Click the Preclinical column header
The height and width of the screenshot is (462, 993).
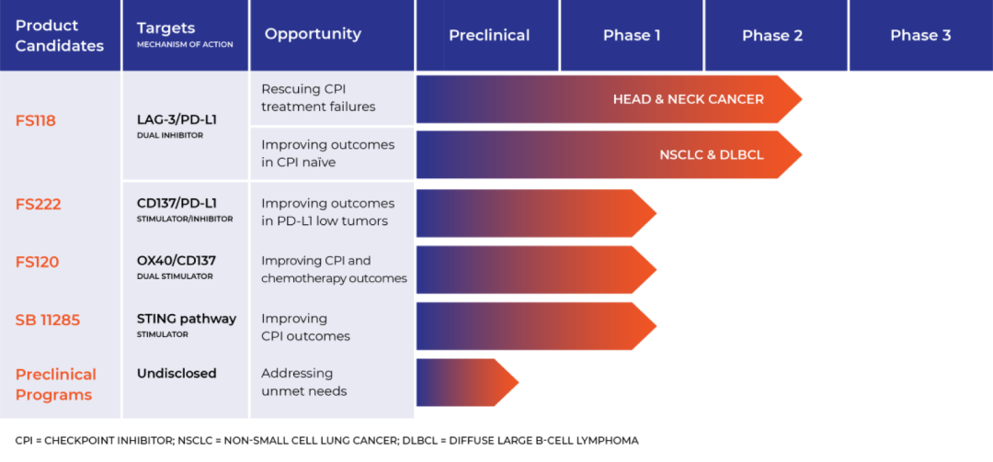click(x=489, y=36)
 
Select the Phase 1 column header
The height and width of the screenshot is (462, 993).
click(x=632, y=36)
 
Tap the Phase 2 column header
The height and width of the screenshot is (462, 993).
click(x=772, y=36)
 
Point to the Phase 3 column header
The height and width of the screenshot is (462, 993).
click(x=920, y=36)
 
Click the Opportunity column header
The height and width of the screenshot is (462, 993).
click(x=313, y=34)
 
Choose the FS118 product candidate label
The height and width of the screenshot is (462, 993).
click(x=36, y=120)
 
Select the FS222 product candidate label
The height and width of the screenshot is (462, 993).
click(x=38, y=205)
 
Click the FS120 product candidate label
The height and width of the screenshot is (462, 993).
click(x=37, y=262)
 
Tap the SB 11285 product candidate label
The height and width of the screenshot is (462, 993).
click(x=48, y=321)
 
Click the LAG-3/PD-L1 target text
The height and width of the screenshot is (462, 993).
click(x=177, y=119)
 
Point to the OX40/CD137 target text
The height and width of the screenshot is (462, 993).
click(x=177, y=261)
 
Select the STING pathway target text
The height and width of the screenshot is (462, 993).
click(x=187, y=319)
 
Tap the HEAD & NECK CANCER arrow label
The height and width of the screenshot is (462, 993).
click(x=689, y=99)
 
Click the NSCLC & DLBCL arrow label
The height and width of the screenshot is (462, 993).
click(x=712, y=155)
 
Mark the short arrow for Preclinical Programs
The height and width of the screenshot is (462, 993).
click(x=467, y=382)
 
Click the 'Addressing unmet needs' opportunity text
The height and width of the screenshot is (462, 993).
click(x=304, y=382)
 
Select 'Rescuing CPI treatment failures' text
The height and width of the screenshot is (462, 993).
click(x=318, y=97)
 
